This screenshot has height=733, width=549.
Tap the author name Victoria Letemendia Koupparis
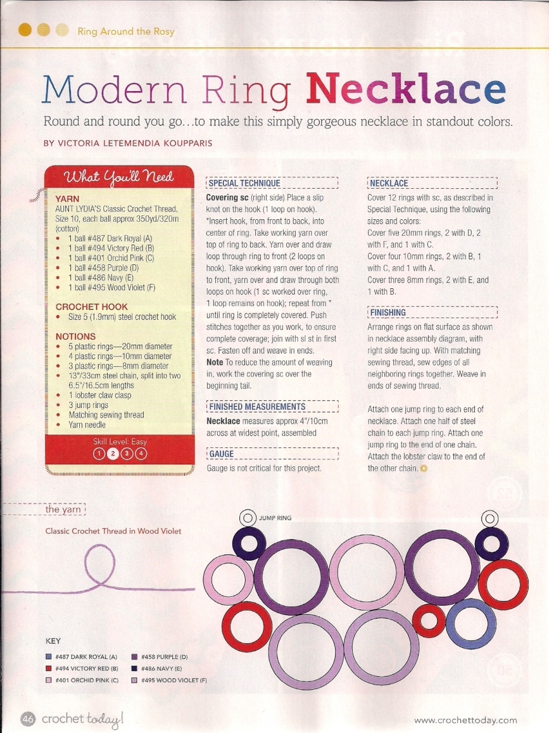click(128, 143)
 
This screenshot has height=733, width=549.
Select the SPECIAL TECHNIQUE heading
click(244, 184)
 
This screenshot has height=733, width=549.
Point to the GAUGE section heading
click(221, 454)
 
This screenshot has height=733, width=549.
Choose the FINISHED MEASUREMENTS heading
click(256, 407)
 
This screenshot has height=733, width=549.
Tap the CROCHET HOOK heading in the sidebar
click(92, 307)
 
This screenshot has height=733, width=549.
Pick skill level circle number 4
click(141, 454)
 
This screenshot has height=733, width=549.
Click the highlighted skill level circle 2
click(113, 454)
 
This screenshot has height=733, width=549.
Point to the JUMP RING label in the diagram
click(275, 518)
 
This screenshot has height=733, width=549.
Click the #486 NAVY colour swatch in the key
click(134, 669)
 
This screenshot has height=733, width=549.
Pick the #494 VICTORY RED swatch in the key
click(49, 669)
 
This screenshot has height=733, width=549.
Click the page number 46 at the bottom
click(28, 718)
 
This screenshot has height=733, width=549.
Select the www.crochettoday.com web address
click(465, 720)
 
